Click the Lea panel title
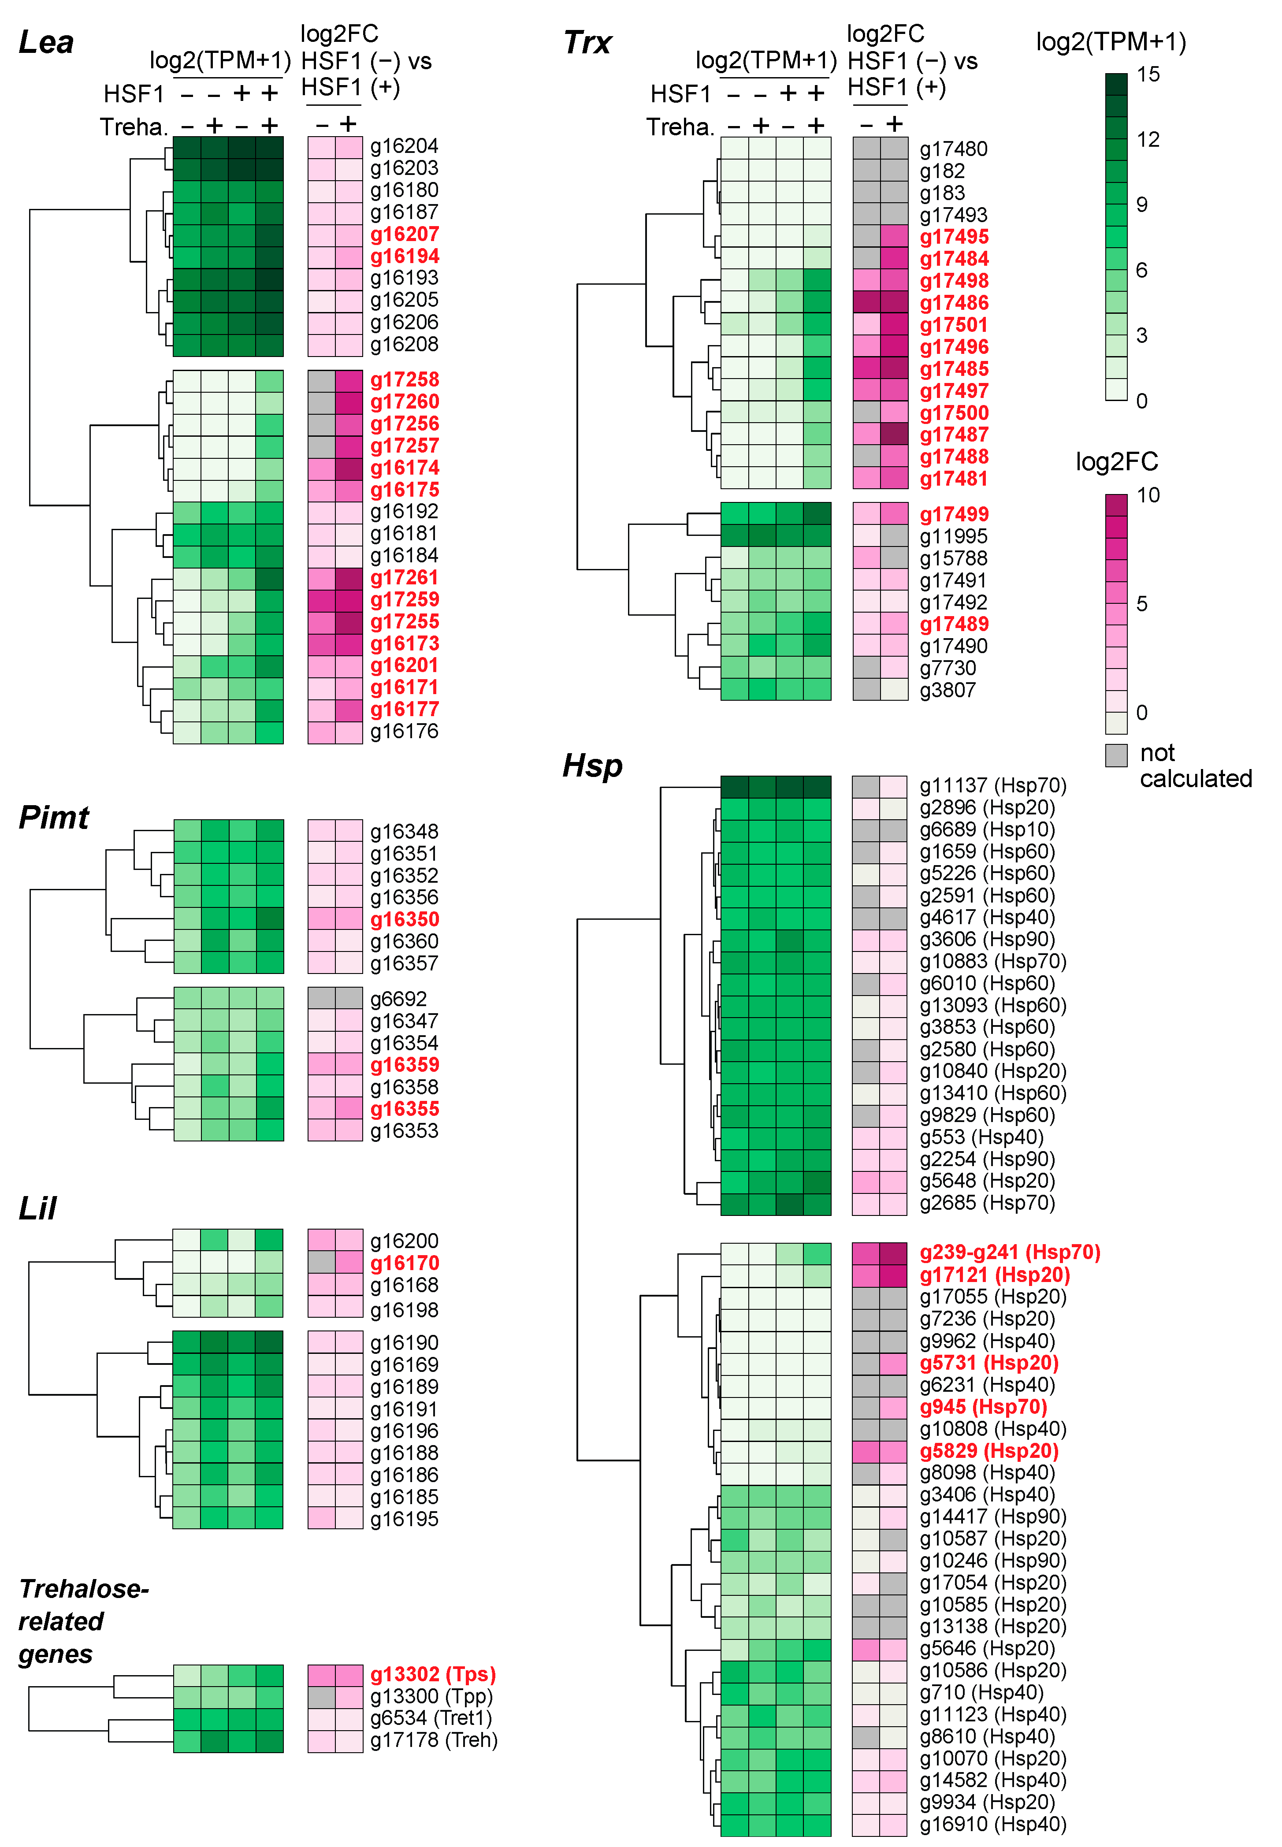46,43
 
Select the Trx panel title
587,43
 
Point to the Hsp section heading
592,766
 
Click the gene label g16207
404,234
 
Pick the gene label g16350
404,919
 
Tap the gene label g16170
404,1263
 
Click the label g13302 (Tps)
433,1674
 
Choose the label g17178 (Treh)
434,1740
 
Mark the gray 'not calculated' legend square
1116,755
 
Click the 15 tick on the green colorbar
1148,74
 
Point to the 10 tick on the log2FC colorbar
1148,495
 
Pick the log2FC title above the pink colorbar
1117,462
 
